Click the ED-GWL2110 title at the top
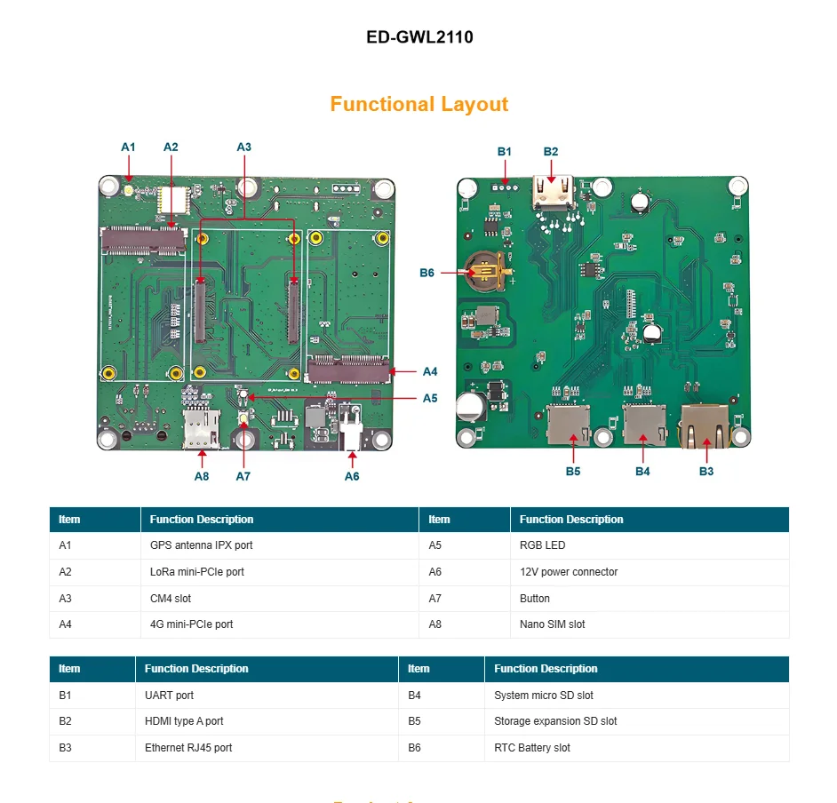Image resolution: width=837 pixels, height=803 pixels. [x=419, y=37]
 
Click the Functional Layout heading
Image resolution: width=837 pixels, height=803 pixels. [x=419, y=104]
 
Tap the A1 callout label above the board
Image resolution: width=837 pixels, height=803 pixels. [x=129, y=147]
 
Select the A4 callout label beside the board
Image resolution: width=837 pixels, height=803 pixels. [x=430, y=371]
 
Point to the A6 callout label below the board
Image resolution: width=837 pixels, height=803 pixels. [x=353, y=476]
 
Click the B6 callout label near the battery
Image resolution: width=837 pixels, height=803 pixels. [x=427, y=273]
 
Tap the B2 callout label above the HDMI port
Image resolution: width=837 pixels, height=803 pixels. [x=551, y=151]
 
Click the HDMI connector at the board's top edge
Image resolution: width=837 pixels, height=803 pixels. [x=553, y=193]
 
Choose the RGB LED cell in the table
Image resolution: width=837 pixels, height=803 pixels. [x=542, y=545]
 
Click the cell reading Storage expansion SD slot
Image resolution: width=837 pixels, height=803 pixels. [x=555, y=721]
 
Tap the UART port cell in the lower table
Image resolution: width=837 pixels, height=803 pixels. [x=169, y=696]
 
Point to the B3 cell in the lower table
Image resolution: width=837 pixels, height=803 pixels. [x=66, y=748]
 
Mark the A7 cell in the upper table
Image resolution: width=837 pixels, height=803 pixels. [x=435, y=599]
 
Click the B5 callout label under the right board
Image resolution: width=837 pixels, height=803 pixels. [x=573, y=471]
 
